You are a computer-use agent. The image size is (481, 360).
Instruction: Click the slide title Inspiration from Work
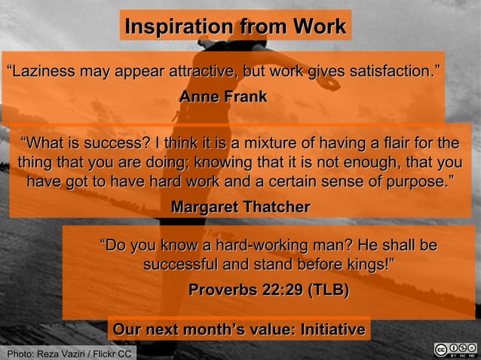tap(235, 26)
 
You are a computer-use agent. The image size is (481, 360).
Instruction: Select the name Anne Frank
tap(222, 97)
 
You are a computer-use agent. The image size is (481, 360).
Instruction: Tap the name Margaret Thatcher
tap(240, 206)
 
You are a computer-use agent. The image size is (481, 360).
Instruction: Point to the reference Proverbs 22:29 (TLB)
tap(268, 290)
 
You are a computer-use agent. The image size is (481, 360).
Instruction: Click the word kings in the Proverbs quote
tap(366, 265)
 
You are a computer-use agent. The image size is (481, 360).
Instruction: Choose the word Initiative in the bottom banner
tap(332, 330)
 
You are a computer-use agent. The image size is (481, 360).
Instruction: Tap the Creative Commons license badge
tap(455, 350)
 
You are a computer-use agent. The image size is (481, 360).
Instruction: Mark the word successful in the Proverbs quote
tap(179, 265)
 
